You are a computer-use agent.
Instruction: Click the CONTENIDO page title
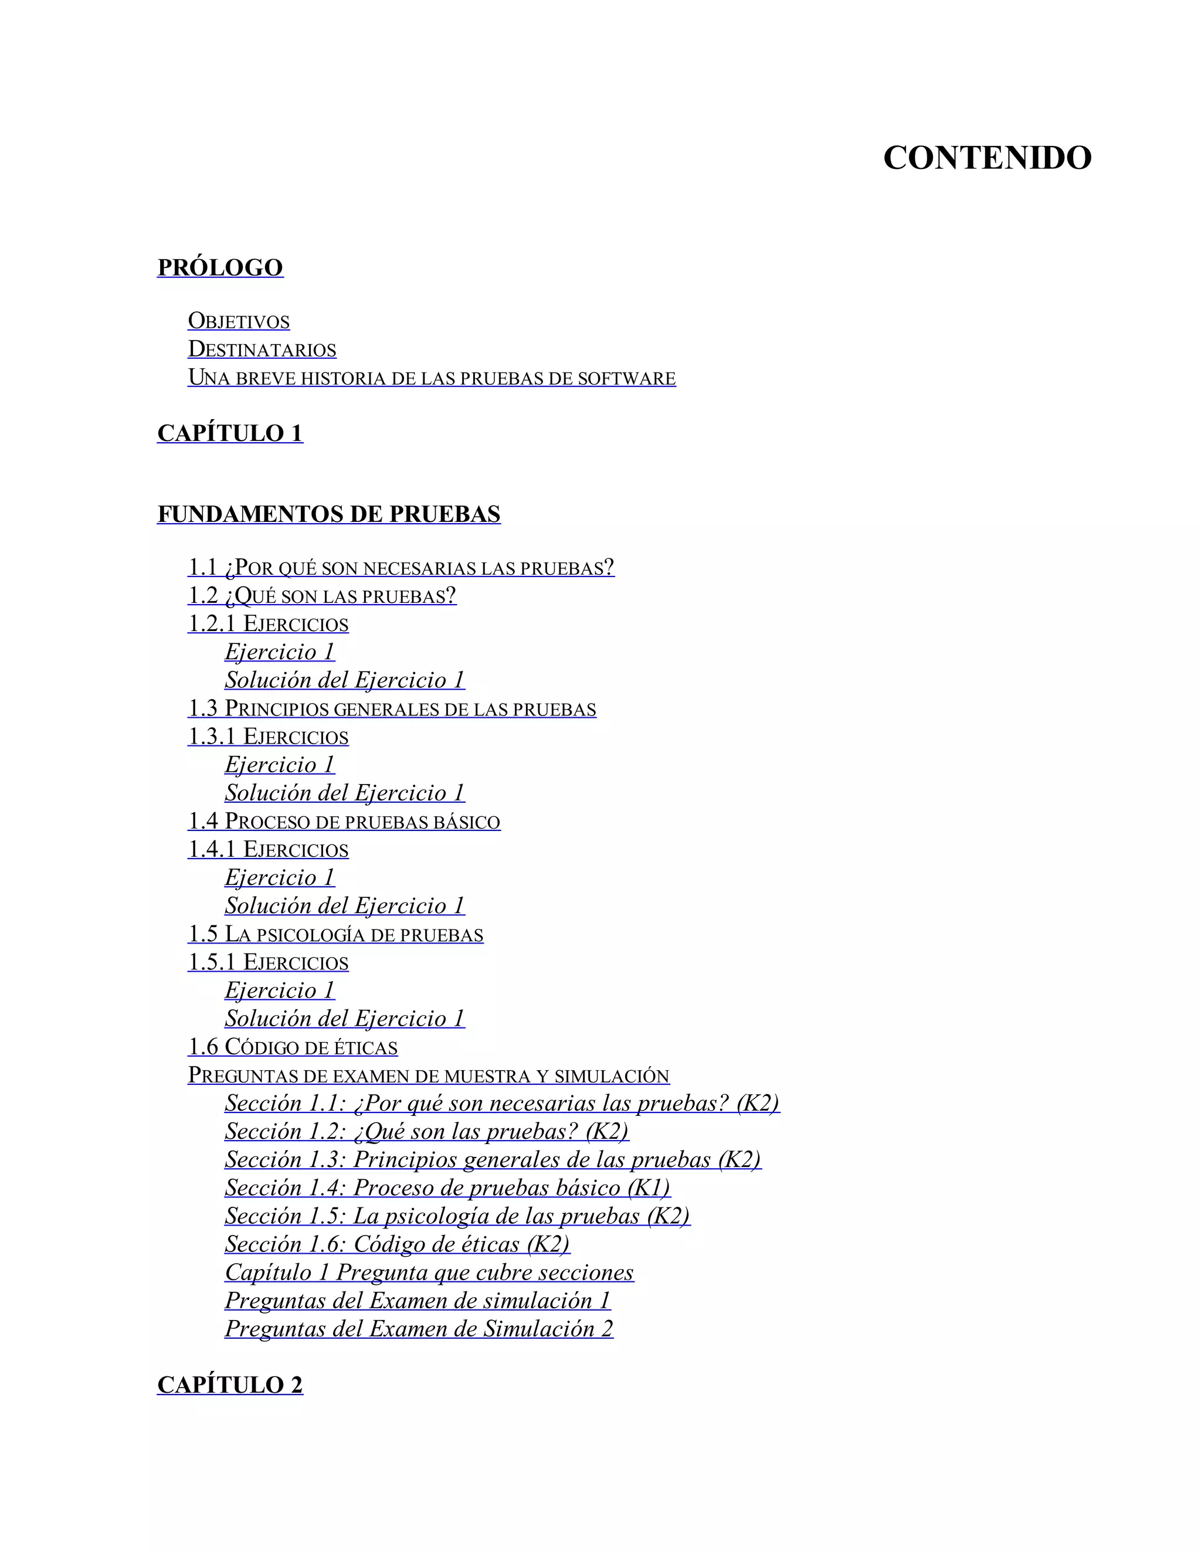987,158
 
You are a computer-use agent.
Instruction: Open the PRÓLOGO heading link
220,267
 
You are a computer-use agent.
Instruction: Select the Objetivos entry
238,321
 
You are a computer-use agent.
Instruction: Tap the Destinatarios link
262,350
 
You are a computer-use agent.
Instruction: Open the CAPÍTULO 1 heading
230,433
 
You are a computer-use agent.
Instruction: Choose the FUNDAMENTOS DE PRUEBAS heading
329,514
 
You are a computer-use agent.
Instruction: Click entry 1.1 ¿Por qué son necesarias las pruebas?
401,568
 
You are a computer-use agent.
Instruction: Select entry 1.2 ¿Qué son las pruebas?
321,596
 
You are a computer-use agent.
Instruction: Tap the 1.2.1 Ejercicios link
268,624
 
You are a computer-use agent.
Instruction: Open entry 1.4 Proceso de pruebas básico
344,821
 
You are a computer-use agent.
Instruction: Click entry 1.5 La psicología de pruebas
335,934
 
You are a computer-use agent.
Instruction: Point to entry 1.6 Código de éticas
293,1047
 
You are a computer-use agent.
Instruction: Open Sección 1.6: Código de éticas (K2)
397,1244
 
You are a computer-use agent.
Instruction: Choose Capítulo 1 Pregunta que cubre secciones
429,1273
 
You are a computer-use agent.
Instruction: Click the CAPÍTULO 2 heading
230,1385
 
